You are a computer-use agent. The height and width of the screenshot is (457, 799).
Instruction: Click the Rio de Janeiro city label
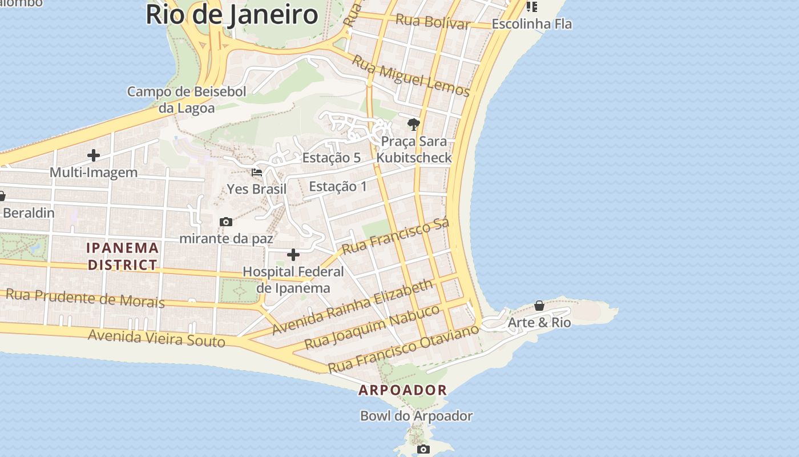232,14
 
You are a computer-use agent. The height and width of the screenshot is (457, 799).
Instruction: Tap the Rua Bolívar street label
433,22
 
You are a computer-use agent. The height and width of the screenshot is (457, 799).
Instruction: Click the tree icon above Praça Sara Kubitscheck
413,124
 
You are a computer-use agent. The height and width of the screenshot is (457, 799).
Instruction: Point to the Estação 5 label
332,158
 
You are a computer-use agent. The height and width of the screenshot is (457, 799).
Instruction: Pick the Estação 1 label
338,187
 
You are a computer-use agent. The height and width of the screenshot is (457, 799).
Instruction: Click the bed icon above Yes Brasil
257,172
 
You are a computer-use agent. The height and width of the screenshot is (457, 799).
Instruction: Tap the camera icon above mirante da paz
226,222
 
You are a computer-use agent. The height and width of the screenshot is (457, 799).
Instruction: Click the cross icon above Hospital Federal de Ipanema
293,254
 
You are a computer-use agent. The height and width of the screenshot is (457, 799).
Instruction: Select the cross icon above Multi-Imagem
94,155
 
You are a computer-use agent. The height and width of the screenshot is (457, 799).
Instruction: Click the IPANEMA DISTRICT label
123,256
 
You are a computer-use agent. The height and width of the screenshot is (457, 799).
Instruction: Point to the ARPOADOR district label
402,390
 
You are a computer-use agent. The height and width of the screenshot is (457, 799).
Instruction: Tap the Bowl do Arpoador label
416,416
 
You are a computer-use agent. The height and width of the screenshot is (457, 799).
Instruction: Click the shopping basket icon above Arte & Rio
539,306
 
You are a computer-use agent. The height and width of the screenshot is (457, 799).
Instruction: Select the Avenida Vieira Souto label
157,338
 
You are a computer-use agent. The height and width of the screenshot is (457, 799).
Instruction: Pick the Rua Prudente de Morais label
85,298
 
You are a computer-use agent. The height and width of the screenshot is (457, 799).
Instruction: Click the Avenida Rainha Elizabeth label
353,307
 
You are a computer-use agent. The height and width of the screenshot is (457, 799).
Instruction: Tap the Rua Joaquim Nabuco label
372,327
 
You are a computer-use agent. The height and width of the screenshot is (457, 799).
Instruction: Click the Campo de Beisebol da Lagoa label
187,99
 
